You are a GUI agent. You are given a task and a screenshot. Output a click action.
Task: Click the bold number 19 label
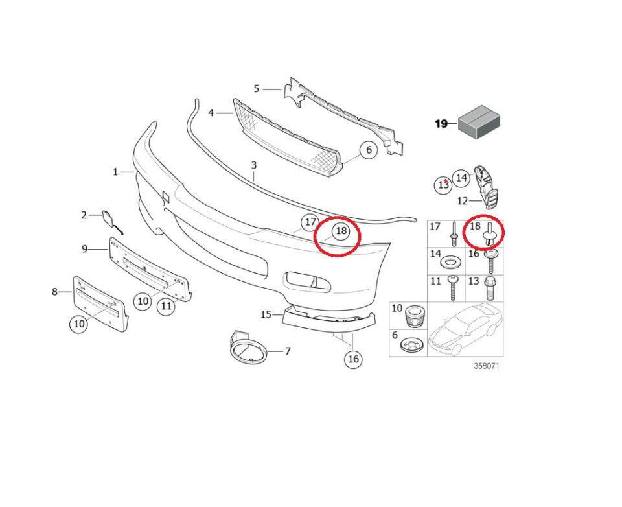pyautogui.click(x=441, y=123)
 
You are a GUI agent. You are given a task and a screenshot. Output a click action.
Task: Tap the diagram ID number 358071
pyautogui.click(x=487, y=366)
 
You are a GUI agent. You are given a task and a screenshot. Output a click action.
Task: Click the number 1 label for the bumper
pyautogui.click(x=115, y=172)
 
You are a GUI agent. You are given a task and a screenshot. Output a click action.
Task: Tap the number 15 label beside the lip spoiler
pyautogui.click(x=266, y=314)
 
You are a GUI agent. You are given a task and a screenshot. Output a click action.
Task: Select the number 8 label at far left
pyautogui.click(x=54, y=292)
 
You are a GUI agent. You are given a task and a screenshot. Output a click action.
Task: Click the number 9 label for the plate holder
pyautogui.click(x=84, y=248)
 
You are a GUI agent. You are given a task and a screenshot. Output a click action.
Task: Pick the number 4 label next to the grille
pyautogui.click(x=211, y=113)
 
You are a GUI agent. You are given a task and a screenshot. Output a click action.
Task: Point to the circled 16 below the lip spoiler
pyautogui.click(x=353, y=359)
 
